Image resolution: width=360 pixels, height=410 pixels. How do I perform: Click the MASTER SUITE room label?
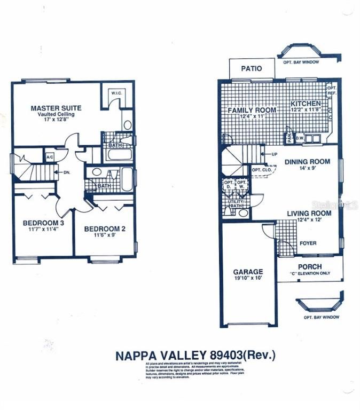pos(56,107)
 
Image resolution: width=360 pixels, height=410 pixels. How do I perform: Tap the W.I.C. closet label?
pos(117,94)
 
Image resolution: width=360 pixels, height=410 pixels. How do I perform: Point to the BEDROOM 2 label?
pos(105,229)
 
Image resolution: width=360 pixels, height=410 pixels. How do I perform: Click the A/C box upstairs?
pos(50,157)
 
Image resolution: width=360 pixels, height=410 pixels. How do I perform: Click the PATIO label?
pos(251,68)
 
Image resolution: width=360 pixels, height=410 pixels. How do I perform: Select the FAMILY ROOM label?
pos(252,110)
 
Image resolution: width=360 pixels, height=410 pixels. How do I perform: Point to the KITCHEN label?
pos(306,103)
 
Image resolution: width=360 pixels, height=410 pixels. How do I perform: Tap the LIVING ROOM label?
pos(309,213)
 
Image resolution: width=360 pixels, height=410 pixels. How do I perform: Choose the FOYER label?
pos(307,243)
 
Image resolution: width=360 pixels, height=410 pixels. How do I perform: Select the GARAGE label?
pos(248,271)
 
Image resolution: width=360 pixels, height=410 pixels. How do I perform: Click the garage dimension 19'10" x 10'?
pos(248,278)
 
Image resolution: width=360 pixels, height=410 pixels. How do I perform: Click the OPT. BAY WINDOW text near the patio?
pos(300,62)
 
